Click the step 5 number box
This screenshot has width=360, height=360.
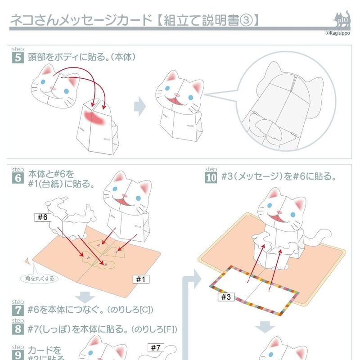(x=18, y=57)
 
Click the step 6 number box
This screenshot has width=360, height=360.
(x=18, y=178)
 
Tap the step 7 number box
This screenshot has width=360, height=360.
(x=18, y=310)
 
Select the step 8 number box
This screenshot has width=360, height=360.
(x=18, y=329)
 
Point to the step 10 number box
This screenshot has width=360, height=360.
(x=211, y=178)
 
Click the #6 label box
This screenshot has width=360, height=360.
(x=43, y=217)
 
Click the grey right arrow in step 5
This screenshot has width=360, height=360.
(x=140, y=107)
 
